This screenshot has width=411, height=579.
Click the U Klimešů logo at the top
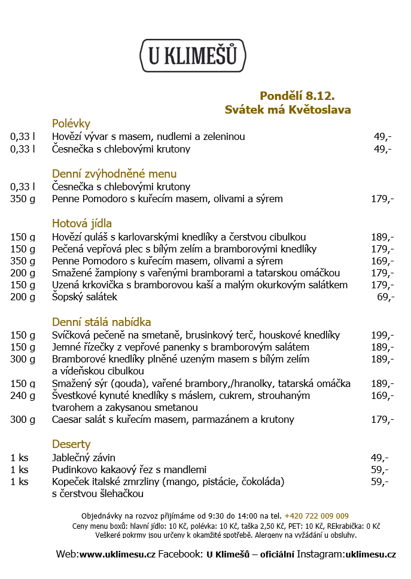[x=193, y=56]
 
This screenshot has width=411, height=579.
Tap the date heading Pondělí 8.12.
[x=297, y=96]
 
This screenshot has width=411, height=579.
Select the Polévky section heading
[x=71, y=123]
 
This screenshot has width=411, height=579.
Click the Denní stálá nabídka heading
[x=101, y=322]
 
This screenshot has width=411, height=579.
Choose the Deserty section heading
[x=71, y=444]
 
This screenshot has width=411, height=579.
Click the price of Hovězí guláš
[x=382, y=237]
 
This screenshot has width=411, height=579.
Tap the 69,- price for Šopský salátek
[x=385, y=297]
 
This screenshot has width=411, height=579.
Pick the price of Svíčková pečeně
[x=382, y=335]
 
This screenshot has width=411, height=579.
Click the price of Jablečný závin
[x=379, y=458]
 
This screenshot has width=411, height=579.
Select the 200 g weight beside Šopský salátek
[x=23, y=297]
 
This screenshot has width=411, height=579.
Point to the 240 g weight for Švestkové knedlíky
[x=23, y=395]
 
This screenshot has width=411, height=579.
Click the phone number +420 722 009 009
[x=316, y=516]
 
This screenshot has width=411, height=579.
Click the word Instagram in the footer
[x=321, y=554]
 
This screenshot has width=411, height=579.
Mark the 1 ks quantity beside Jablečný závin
[x=19, y=458]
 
